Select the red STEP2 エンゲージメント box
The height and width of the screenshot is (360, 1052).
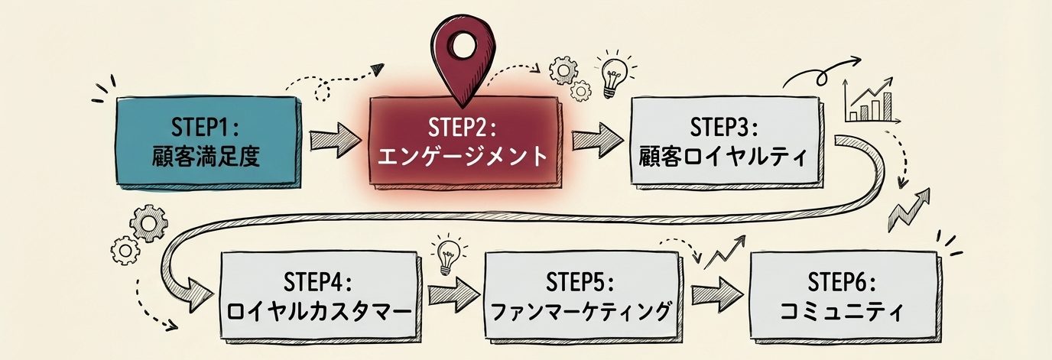(466, 142)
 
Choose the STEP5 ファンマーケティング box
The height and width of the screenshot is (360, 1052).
(582, 296)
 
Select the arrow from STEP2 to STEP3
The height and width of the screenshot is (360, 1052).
(596, 141)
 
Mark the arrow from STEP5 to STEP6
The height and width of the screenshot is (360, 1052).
(716, 294)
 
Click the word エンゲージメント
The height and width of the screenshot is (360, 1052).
(466, 157)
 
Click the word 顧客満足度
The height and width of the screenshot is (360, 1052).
(206, 157)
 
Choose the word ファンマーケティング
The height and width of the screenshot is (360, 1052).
(582, 312)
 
